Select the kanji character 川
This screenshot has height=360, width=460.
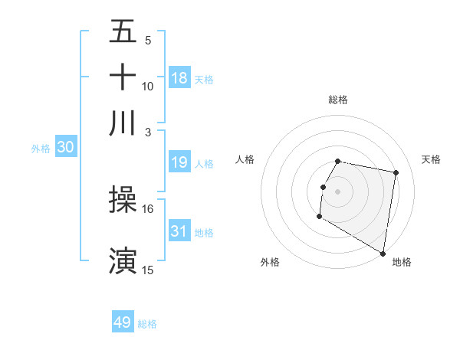pyautogui.click(x=123, y=123)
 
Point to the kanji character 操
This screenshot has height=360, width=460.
pyautogui.click(x=123, y=200)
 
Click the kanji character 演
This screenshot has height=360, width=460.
pyautogui.click(x=123, y=260)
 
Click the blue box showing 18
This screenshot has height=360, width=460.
pyautogui.click(x=179, y=78)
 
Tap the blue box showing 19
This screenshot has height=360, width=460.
pyautogui.click(x=179, y=162)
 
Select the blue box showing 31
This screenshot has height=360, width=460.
pyautogui.click(x=179, y=231)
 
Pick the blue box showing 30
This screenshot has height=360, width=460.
pyautogui.click(x=65, y=148)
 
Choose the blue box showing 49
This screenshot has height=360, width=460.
pyautogui.click(x=123, y=322)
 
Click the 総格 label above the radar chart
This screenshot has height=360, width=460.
pyautogui.click(x=338, y=100)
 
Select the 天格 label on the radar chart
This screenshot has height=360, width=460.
pyautogui.click(x=432, y=159)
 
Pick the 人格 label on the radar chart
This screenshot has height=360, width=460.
pyautogui.click(x=245, y=159)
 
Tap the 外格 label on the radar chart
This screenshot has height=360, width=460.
pyautogui.click(x=270, y=262)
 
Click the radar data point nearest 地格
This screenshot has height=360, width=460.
pyautogui.click(x=383, y=254)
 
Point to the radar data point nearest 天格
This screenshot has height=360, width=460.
pyautogui.click(x=396, y=173)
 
